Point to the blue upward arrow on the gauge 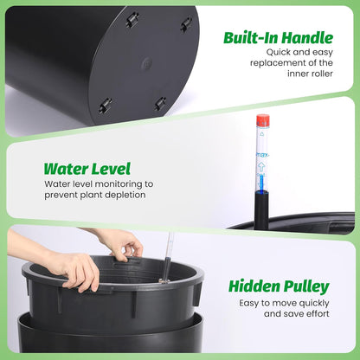(262, 170)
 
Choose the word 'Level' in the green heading (111, 169)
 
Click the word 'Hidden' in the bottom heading (254, 286)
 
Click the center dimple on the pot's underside (145, 63)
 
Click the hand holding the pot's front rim (74, 269)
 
